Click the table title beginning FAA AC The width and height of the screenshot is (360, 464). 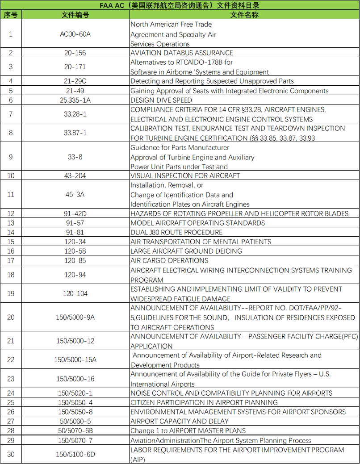180,5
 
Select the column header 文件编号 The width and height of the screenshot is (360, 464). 75,15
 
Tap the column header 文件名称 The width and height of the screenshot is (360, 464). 244,15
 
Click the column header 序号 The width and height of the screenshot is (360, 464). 11,15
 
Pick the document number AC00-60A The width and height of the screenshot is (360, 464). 75,34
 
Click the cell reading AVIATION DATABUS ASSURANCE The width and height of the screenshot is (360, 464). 182,53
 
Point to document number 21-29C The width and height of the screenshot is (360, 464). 75,81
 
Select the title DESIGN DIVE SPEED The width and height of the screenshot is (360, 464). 161,100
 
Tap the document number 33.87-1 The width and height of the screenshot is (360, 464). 75,133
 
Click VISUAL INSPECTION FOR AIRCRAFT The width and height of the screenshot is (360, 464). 185,176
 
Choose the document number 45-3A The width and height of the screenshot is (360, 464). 75,195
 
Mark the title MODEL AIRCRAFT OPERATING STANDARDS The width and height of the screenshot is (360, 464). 197,223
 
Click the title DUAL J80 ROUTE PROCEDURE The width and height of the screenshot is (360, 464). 176,232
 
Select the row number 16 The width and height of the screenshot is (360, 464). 11,251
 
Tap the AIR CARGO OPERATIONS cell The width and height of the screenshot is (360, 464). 169,260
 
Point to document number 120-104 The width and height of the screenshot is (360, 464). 75,293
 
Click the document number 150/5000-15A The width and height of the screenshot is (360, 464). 75,359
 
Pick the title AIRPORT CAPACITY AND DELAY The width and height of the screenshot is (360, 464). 179,421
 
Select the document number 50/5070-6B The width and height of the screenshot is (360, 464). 75,431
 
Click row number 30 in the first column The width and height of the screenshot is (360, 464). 11,454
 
